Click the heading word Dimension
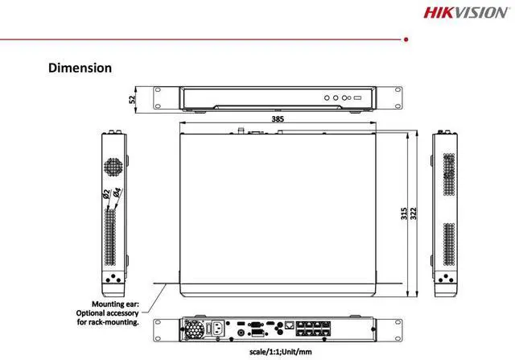(80, 68)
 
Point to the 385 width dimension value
(278, 118)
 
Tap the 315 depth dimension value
(404, 213)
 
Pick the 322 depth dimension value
(414, 213)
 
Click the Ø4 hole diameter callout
(117, 193)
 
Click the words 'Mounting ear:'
(116, 304)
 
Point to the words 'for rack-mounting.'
(107, 322)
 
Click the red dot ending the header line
(405, 38)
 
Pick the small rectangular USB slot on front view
(358, 97)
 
